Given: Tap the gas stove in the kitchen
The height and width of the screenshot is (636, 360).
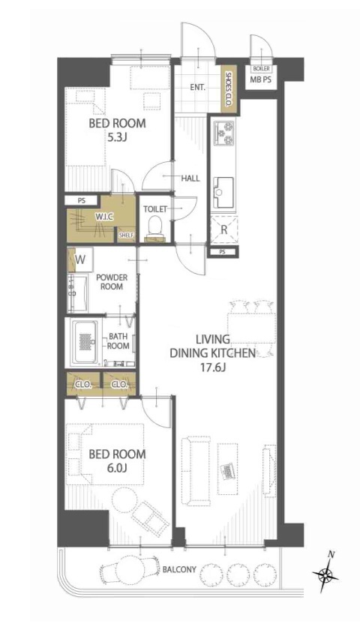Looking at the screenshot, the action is click(x=223, y=133).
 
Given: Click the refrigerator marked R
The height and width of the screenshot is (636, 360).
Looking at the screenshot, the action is click(x=223, y=230).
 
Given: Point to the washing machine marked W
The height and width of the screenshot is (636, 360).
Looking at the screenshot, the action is click(x=80, y=259).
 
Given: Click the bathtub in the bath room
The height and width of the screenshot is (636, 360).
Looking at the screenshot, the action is click(x=85, y=341).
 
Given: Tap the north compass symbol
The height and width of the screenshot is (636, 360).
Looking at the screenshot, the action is click(x=325, y=574).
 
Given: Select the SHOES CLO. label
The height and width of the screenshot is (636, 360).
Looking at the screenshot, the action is click(x=228, y=90).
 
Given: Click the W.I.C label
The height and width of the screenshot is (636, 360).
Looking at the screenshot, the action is click(x=103, y=217).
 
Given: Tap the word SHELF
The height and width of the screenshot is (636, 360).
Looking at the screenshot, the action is click(x=126, y=235).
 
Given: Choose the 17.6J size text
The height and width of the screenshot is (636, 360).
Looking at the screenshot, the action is click(x=212, y=368).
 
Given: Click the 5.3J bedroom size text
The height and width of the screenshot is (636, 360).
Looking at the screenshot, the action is click(x=117, y=138).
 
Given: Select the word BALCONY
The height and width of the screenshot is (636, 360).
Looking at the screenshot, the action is click(x=178, y=569).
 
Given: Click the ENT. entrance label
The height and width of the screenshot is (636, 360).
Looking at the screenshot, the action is click(x=198, y=87).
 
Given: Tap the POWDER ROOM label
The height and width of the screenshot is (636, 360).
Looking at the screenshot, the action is click(x=112, y=282).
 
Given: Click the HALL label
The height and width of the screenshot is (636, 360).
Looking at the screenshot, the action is click(x=190, y=178).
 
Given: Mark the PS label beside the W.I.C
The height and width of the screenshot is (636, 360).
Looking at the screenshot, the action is click(x=82, y=200).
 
